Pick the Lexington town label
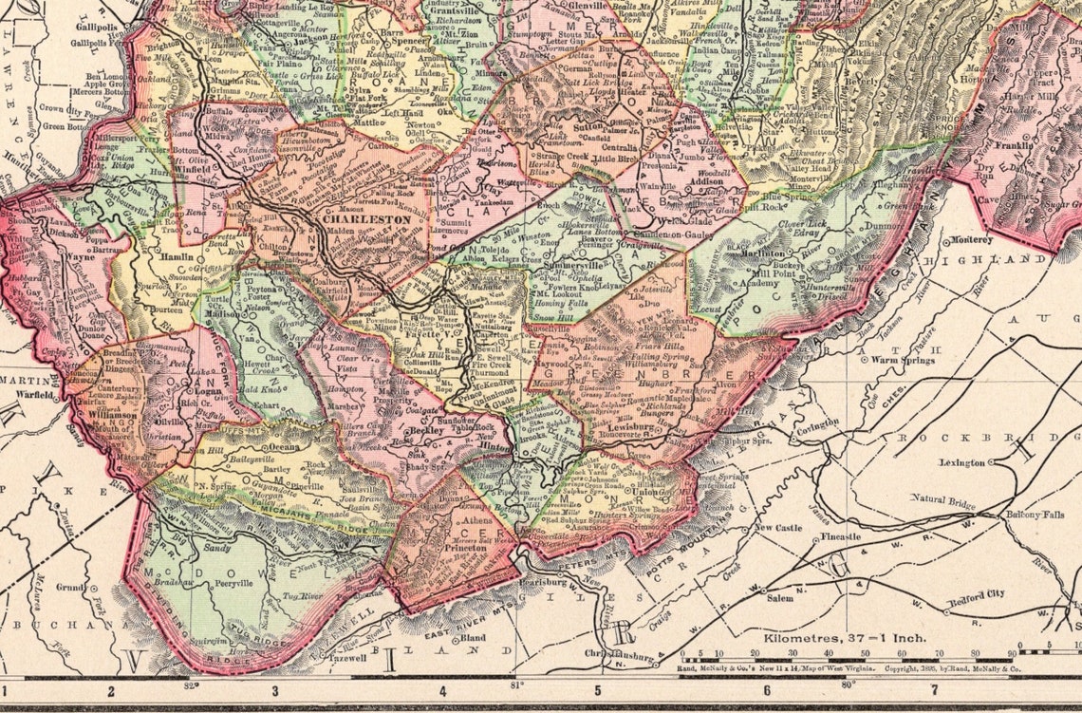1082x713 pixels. [x=961, y=462]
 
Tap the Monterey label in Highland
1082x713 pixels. [x=971, y=239]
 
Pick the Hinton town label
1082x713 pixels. [x=473, y=445]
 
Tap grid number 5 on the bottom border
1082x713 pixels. [x=598, y=689]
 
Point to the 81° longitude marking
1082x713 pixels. [x=517, y=684]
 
